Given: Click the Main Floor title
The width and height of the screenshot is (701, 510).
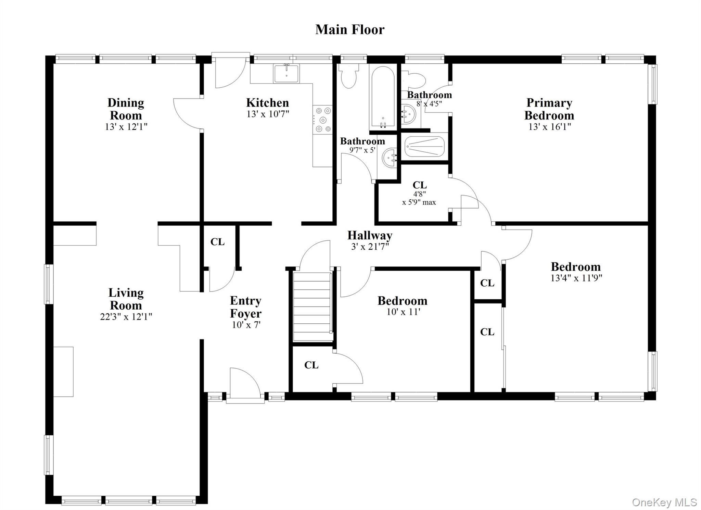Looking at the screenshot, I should coord(349,29).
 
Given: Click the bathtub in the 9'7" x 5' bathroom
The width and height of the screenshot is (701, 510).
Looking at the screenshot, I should coord(383,98).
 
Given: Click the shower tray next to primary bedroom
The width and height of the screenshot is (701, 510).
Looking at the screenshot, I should coord(424,147).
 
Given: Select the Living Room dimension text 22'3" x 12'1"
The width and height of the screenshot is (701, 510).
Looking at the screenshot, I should coord(126,317).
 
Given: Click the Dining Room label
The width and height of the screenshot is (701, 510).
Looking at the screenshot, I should coord(126,109).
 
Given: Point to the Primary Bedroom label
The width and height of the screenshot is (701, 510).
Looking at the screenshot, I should coord(549,109).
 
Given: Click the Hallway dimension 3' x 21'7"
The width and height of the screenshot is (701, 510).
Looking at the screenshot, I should coord(370,246).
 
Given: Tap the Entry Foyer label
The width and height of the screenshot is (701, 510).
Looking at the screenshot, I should coord(245,307).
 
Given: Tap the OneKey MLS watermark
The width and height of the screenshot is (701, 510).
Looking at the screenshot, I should coord(664,502).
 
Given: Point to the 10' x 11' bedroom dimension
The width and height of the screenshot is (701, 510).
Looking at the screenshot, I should coord(403,312).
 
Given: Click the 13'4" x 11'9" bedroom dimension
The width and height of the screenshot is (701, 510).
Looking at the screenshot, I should coord(576,278).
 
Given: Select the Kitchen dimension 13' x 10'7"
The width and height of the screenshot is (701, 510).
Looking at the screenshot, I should coord(268,114).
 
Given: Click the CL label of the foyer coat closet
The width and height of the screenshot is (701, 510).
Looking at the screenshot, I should coord(217,242).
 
